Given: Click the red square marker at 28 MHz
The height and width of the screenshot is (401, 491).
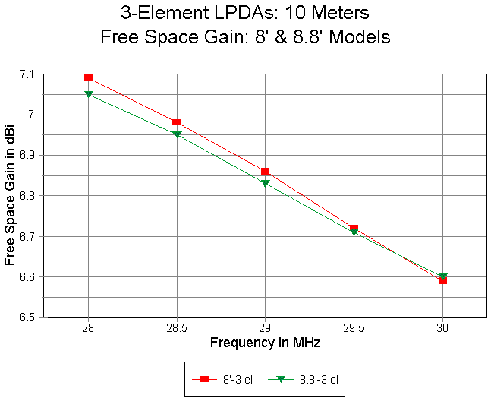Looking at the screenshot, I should click(x=89, y=77).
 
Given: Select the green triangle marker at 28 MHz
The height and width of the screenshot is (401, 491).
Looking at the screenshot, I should click(x=89, y=94).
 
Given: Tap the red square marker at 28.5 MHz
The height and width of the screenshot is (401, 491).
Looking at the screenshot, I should click(x=177, y=122).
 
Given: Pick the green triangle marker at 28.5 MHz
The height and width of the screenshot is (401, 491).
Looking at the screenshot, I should click(x=177, y=134).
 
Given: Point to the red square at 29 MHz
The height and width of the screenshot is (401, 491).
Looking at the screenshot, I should click(x=265, y=172).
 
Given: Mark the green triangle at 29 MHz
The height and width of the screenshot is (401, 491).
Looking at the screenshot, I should click(x=265, y=183).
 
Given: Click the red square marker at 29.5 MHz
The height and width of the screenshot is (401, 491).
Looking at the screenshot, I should click(x=354, y=228).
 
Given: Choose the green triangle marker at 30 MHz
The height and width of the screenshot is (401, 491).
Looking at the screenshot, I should click(x=443, y=276).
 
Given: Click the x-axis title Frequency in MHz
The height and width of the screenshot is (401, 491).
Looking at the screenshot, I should click(x=265, y=343).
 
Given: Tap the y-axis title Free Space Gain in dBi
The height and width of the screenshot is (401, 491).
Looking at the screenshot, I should click(x=10, y=195).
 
